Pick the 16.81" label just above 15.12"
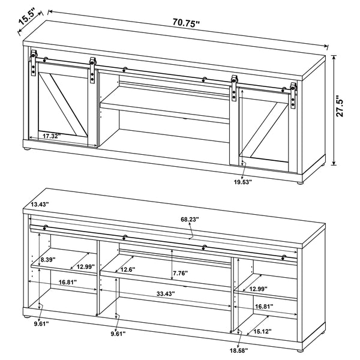tap(263, 307)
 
